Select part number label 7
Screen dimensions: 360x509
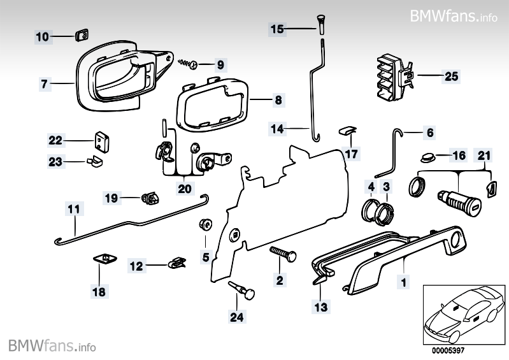pyautogui.click(x=45, y=83)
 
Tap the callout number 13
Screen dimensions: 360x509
pyautogui.click(x=321, y=306)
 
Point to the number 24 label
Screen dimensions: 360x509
pyautogui.click(x=238, y=315)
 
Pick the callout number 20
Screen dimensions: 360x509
pyautogui.click(x=184, y=188)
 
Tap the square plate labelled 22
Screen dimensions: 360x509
pyautogui.click(x=101, y=141)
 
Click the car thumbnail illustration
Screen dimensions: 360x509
pyautogui.click(x=462, y=310)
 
